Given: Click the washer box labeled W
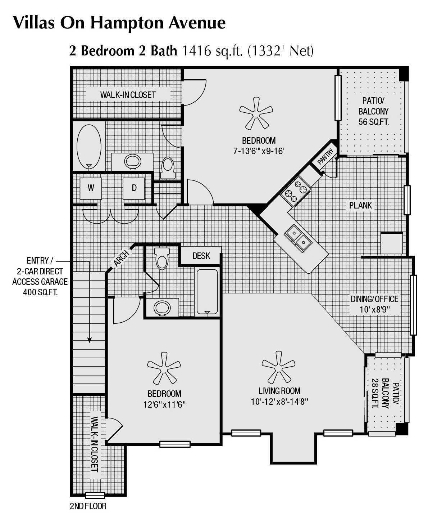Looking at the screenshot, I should point(91,188).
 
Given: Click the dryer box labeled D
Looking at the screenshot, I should point(134,188).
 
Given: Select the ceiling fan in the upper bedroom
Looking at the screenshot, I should point(256,113).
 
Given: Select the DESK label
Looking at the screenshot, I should point(201,256).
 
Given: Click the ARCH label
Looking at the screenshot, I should point(121,258).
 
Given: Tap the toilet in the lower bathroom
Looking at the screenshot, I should point(162,259).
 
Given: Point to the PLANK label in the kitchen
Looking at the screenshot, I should point(360,205).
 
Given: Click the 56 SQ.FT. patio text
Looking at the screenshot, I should point(373,122).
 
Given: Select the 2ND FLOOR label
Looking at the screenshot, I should point(88,506).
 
